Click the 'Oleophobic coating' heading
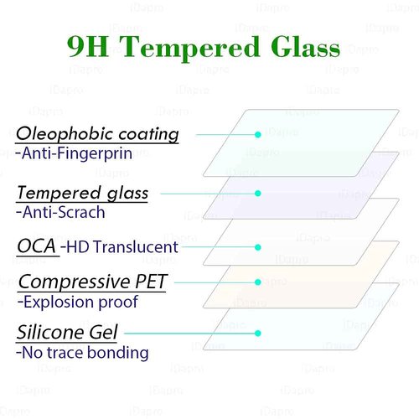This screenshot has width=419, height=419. tap(97, 134)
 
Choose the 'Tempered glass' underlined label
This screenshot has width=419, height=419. tap(82, 193)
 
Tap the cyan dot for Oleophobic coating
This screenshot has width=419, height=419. tap(258, 133)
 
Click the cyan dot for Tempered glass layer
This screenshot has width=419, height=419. tap(258, 194)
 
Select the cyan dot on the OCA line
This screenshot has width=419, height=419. tap(258, 247)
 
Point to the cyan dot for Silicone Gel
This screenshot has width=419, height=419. tap(258, 333)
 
